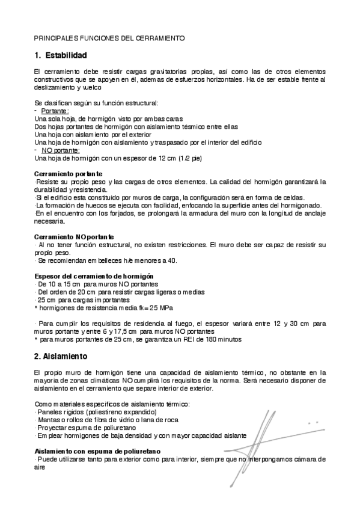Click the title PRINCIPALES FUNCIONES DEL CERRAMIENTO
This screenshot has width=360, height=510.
[x=109, y=38]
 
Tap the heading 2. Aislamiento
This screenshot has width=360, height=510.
[x=61, y=356]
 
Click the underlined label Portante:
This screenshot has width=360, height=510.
[x=55, y=111]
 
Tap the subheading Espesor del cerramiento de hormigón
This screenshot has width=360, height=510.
[x=90, y=275]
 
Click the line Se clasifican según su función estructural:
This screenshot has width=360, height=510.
[x=96, y=103]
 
